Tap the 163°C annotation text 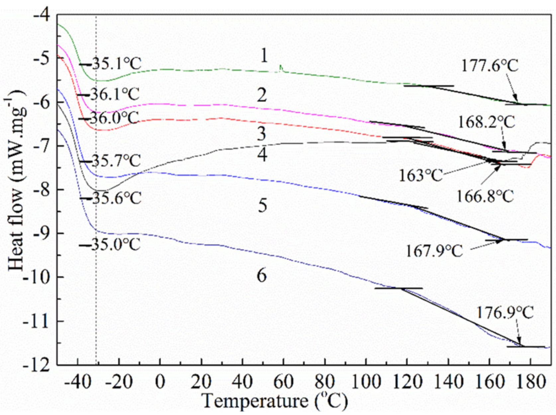[420, 175]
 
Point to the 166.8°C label [485, 196]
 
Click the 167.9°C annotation [434, 251]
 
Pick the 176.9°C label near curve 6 [505, 312]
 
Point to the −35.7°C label [111, 161]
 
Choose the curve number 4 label [262, 155]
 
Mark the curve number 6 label [262, 275]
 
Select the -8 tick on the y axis [41, 190]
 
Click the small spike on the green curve [281, 67]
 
